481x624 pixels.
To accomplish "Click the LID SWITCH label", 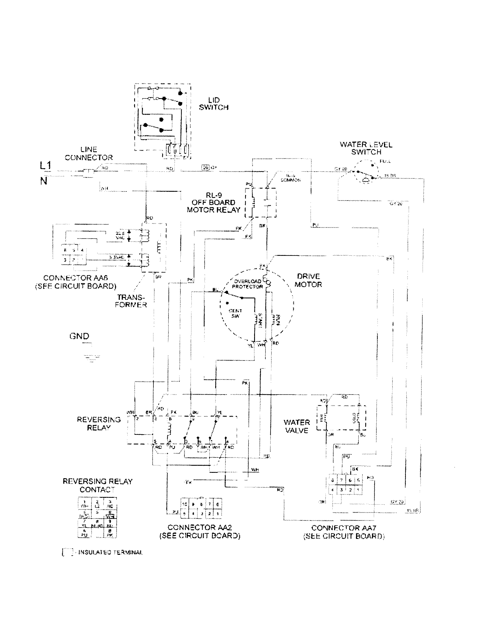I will pos(213,104).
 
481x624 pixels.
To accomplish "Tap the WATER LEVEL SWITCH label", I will pos(366,148).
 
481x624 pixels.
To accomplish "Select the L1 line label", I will pos(45,165).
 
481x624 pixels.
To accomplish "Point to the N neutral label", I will pos(44,181).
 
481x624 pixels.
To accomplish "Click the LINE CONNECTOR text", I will pos(88,153).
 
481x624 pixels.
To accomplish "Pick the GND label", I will pos(79,336).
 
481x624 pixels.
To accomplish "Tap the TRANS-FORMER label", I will pos(131,301).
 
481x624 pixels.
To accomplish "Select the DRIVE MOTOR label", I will pos(308,280).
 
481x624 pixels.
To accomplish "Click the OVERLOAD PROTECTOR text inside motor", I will pos(247,284).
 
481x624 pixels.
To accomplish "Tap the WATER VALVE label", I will pos(297,426).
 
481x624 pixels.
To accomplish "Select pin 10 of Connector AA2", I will pos(185,505).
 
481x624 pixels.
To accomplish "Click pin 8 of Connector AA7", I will pos(332,480).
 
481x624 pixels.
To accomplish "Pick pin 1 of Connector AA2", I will pos(217,514).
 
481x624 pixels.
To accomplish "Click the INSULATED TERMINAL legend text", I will pos(110,552).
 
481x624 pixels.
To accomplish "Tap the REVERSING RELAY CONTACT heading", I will pos(97,485).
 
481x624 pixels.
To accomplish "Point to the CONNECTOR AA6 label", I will pos(75,282).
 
